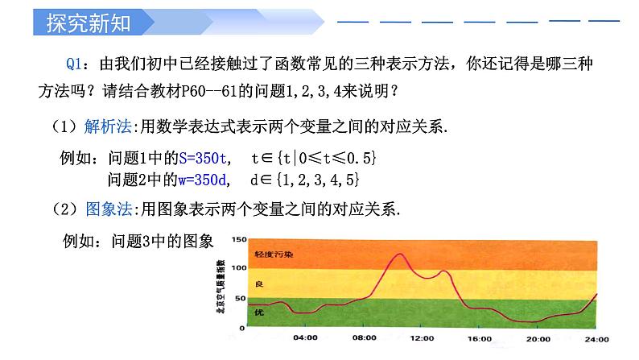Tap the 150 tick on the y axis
[x=237, y=240]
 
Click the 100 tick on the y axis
[x=237, y=268]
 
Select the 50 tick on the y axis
[x=239, y=298]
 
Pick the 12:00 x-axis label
[x=422, y=337]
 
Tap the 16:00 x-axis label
[x=480, y=337]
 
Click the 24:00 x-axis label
[x=596, y=337]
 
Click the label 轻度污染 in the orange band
[x=274, y=254]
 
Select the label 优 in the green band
[x=259, y=311]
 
